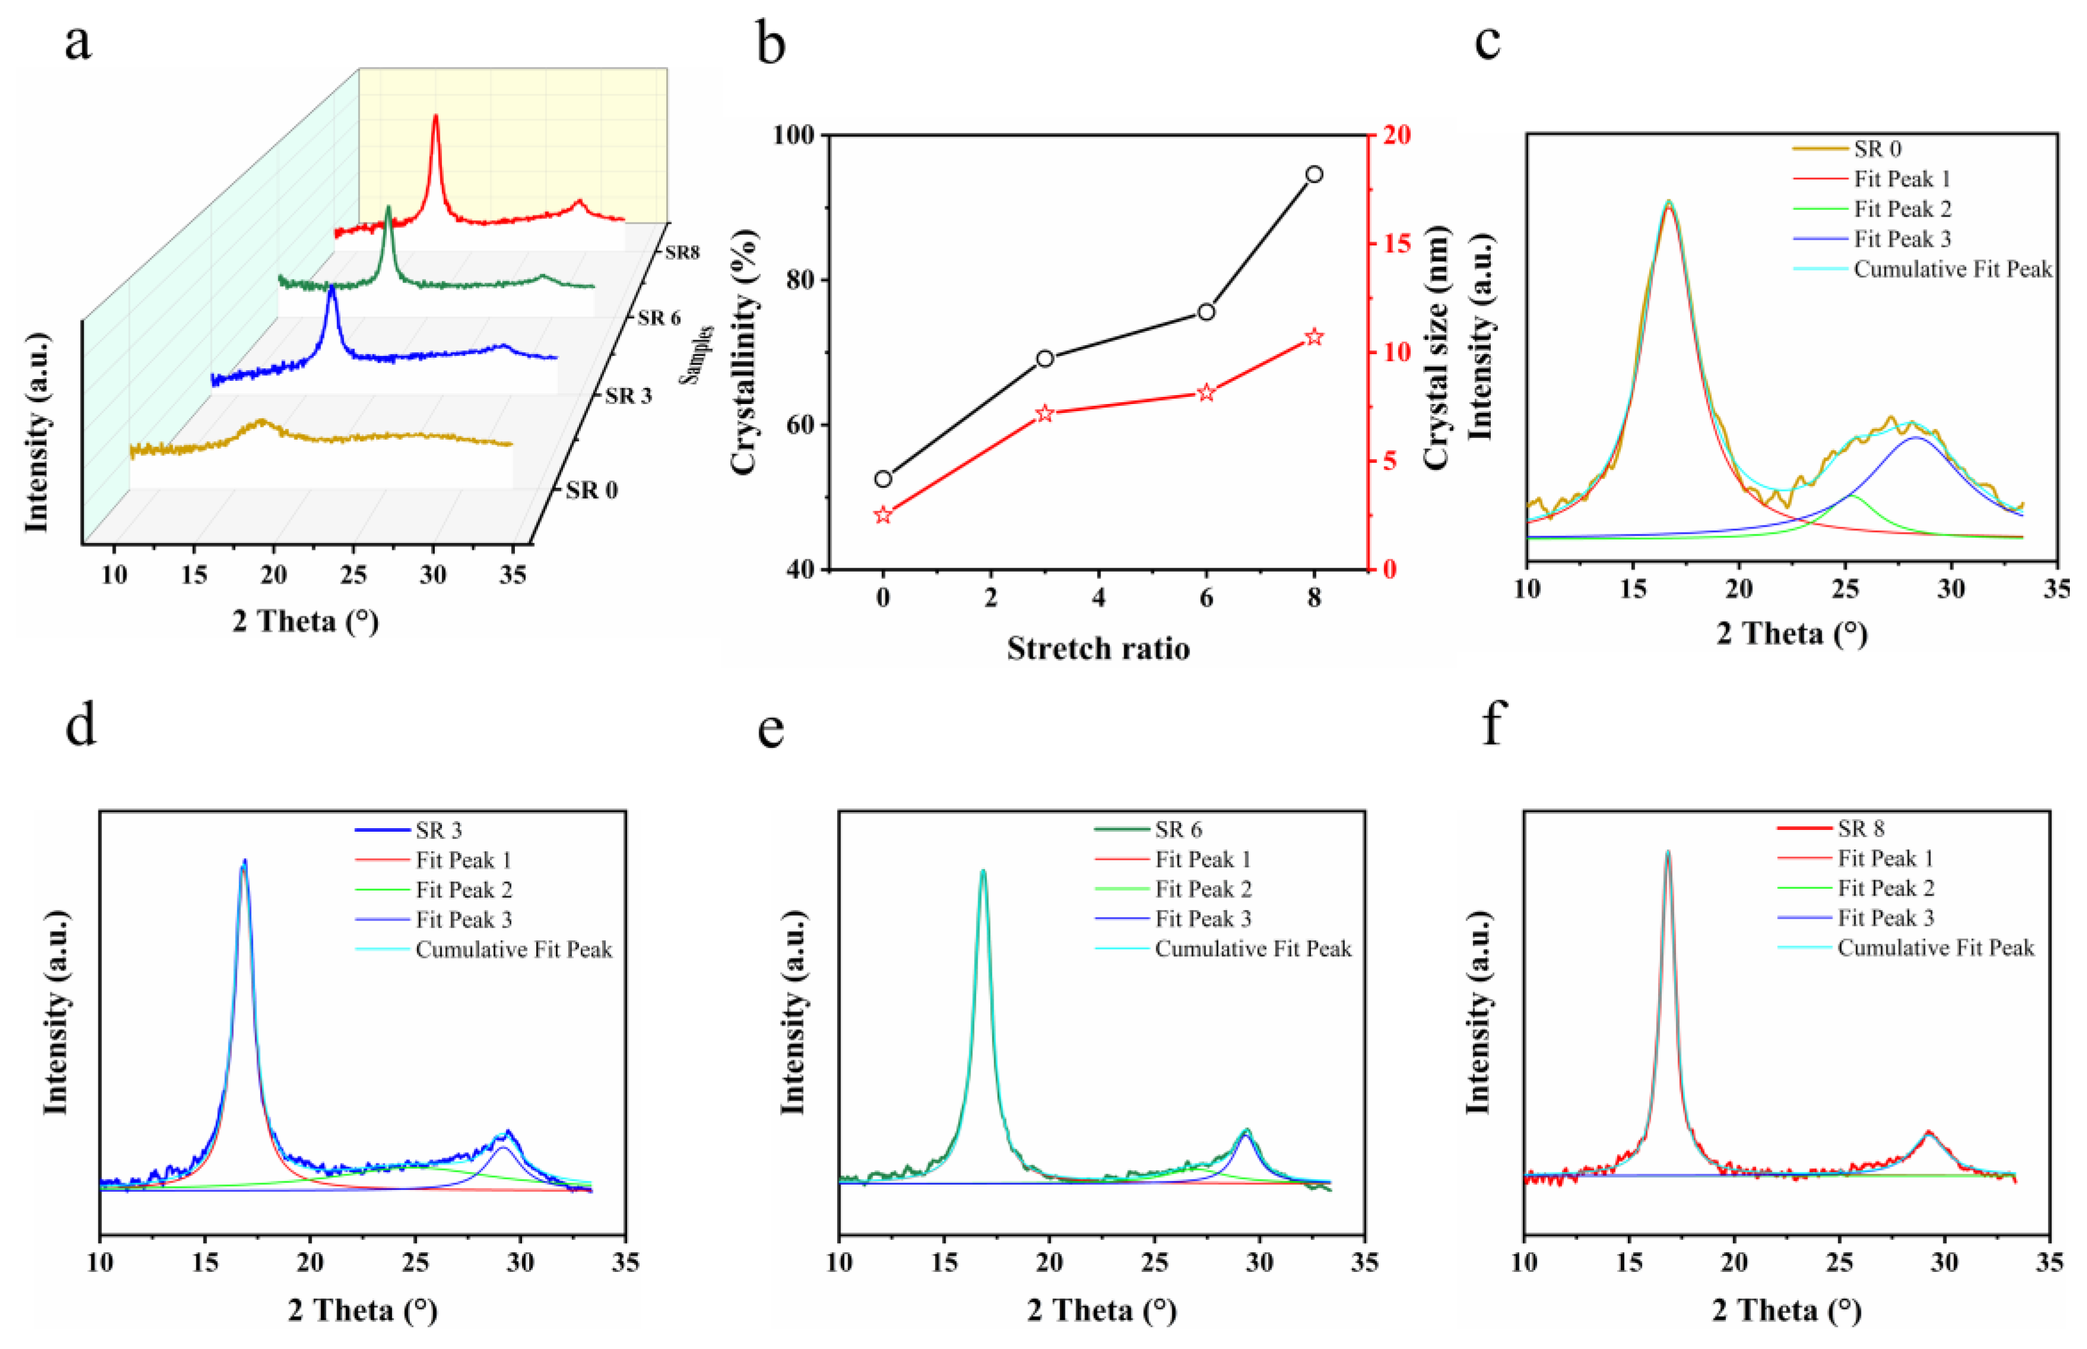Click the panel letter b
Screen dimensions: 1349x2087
pyautogui.click(x=770, y=44)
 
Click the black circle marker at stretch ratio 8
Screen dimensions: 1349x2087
pyautogui.click(x=1313, y=174)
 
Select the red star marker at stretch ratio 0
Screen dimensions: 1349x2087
pyautogui.click(x=883, y=515)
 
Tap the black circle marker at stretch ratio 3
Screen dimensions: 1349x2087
pyautogui.click(x=1045, y=358)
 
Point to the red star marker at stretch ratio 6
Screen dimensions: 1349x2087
pyautogui.click(x=1206, y=393)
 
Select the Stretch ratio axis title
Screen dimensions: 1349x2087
pyautogui.click(x=1097, y=648)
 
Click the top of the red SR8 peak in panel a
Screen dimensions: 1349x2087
pyautogui.click(x=435, y=116)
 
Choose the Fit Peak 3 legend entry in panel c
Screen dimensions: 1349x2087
pyautogui.click(x=1901, y=239)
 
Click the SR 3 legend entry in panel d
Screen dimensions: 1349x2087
pyautogui.click(x=438, y=829)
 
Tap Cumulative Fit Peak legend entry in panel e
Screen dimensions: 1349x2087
pyautogui.click(x=1252, y=949)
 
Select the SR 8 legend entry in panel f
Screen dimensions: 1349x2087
pyautogui.click(x=1861, y=829)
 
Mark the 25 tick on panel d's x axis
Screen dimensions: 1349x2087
pyautogui.click(x=415, y=1262)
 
